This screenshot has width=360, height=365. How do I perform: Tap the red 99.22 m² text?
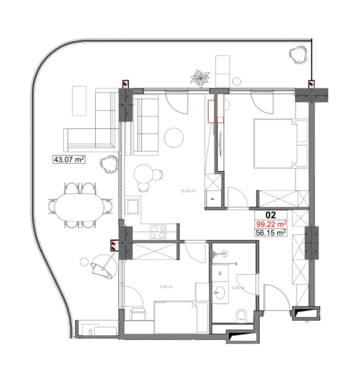click(x=271, y=224)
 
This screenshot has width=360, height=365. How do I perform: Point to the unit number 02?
click(x=271, y=215)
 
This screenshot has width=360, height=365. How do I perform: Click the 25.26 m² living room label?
click(x=188, y=191)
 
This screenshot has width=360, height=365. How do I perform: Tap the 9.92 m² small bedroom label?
click(x=166, y=286)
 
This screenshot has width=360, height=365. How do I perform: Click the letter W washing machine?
click(x=220, y=273)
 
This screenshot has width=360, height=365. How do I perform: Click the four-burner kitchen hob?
click(x=158, y=232)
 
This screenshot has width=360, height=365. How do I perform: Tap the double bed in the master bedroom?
click(x=275, y=143)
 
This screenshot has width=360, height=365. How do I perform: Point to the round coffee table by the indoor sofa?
click(x=174, y=137)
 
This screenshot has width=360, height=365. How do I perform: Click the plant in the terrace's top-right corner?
click(x=298, y=55)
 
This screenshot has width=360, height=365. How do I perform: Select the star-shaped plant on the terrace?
click(x=200, y=78)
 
